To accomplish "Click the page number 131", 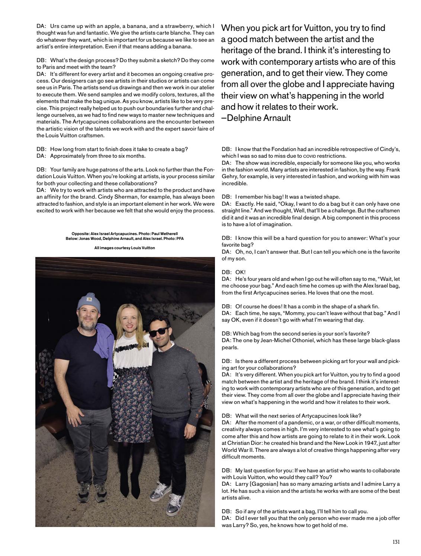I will click(x=396, y=542).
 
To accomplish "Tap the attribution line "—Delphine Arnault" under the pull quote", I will click(x=256, y=118).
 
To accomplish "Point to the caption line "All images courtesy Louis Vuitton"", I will click(x=125, y=248).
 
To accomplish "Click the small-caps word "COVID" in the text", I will click(x=310, y=156).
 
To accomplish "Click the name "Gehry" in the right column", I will click(x=231, y=177).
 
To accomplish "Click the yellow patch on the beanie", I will click(x=89, y=298).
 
